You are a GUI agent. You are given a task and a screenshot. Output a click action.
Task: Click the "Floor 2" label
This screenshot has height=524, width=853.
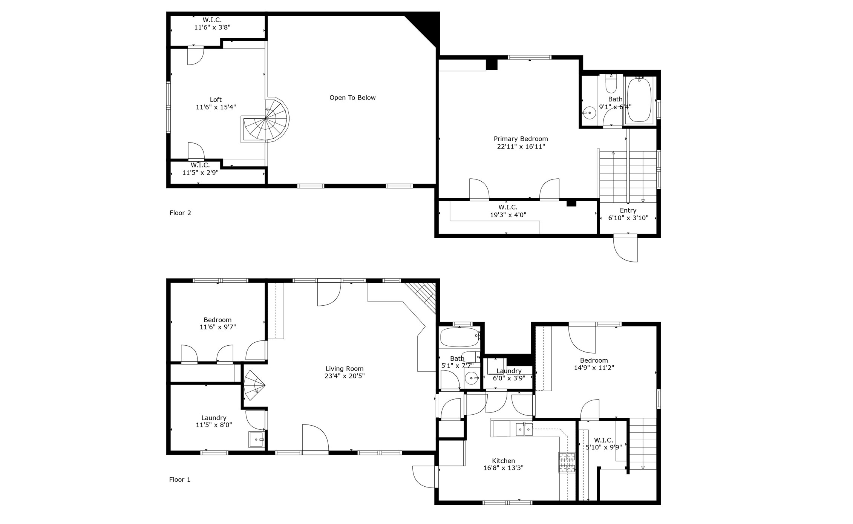(180, 213)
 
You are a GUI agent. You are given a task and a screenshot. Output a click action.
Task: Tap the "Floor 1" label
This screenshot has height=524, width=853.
(180, 480)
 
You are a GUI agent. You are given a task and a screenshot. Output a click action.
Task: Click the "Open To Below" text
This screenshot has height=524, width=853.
(352, 98)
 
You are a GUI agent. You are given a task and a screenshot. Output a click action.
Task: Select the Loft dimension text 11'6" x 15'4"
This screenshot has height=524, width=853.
(216, 107)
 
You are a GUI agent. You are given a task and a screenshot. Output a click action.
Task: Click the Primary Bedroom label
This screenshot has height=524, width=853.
(521, 139)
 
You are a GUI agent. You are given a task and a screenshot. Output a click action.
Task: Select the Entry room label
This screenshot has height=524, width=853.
(628, 210)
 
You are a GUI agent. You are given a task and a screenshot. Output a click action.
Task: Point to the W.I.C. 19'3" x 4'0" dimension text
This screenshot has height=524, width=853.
(508, 215)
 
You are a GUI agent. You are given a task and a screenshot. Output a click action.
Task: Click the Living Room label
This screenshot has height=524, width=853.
(345, 369)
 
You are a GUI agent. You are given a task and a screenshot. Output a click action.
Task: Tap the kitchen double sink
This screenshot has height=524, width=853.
(524, 429)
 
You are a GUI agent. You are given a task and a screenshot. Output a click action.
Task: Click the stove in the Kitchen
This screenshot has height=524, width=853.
(567, 463)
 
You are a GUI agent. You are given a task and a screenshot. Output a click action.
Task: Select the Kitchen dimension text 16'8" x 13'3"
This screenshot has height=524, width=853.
(504, 468)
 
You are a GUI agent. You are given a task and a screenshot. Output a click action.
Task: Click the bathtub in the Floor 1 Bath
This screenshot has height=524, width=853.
(460, 337)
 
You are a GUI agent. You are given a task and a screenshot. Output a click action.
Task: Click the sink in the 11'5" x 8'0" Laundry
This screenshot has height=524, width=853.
(257, 440)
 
